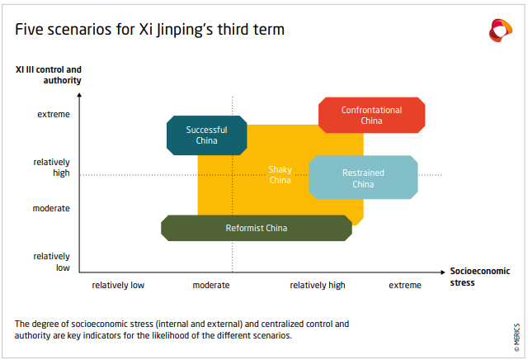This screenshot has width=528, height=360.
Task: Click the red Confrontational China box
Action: click(x=372, y=116)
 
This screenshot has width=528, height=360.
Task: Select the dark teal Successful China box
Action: click(x=207, y=135)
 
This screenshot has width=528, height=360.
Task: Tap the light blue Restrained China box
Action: click(x=363, y=178)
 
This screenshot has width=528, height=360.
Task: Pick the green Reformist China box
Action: click(x=257, y=228)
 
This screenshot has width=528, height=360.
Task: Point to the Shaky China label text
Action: click(x=280, y=174)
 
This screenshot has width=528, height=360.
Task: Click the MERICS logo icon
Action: click(x=501, y=31)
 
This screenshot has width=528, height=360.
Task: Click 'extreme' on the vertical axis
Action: click(x=54, y=115)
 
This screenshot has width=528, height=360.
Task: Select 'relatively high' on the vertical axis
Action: click(x=51, y=168)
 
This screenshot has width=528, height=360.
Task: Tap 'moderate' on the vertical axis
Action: click(x=51, y=209)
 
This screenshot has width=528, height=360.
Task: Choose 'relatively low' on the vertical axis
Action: click(x=51, y=262)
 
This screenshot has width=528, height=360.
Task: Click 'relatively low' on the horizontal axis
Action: click(x=118, y=285)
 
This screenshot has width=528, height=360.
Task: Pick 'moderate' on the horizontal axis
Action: click(x=211, y=285)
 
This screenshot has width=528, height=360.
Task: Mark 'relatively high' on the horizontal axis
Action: click(x=318, y=286)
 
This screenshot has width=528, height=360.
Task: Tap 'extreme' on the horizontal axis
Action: click(x=405, y=285)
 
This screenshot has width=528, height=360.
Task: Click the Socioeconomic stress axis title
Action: click(x=480, y=277)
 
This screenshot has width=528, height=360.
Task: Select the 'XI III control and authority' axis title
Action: click(x=49, y=75)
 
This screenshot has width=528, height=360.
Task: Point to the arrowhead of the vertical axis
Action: click(x=79, y=95)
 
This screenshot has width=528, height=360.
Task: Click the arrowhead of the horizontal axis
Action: click(x=443, y=272)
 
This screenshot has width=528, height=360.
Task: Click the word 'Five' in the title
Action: click(x=30, y=30)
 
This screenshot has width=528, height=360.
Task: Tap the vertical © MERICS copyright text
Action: click(x=517, y=338)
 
